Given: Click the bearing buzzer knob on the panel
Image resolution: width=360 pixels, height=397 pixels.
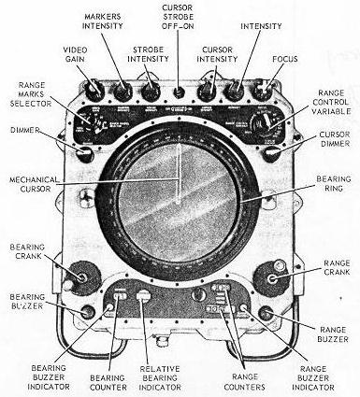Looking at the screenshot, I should pyautogui.click(x=88, y=313).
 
